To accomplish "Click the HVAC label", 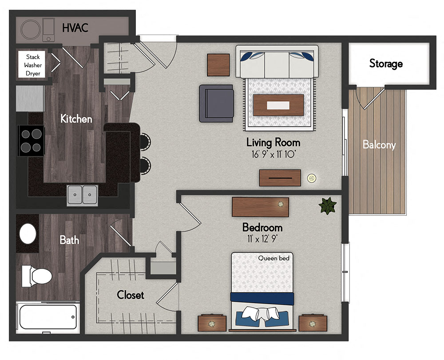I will [75, 28].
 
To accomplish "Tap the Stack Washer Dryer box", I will [32, 65].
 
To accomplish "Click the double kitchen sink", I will [83, 194].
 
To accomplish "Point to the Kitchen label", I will [76, 119].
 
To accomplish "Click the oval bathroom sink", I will [28, 233].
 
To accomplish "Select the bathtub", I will [48, 317].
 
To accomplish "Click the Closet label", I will [130, 295].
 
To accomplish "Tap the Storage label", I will [386, 63].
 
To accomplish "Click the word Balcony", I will [379, 145].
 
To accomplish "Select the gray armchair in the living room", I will [216, 103].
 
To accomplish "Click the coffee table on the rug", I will [278, 105].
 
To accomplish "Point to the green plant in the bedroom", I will [328, 206].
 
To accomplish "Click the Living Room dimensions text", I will [273, 154].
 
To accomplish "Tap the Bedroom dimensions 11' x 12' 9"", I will [262, 238].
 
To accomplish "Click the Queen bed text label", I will [277, 258].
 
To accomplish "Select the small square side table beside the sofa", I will [218, 65].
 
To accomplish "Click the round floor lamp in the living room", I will [312, 178].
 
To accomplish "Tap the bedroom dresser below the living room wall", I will [260, 207].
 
